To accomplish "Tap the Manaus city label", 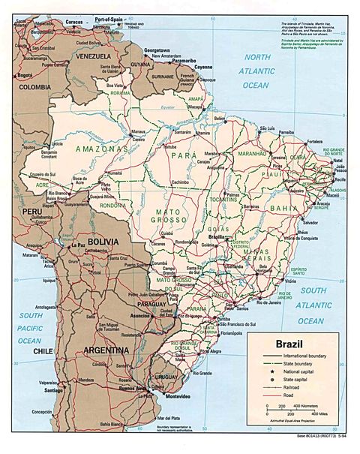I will coord(137,131).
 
